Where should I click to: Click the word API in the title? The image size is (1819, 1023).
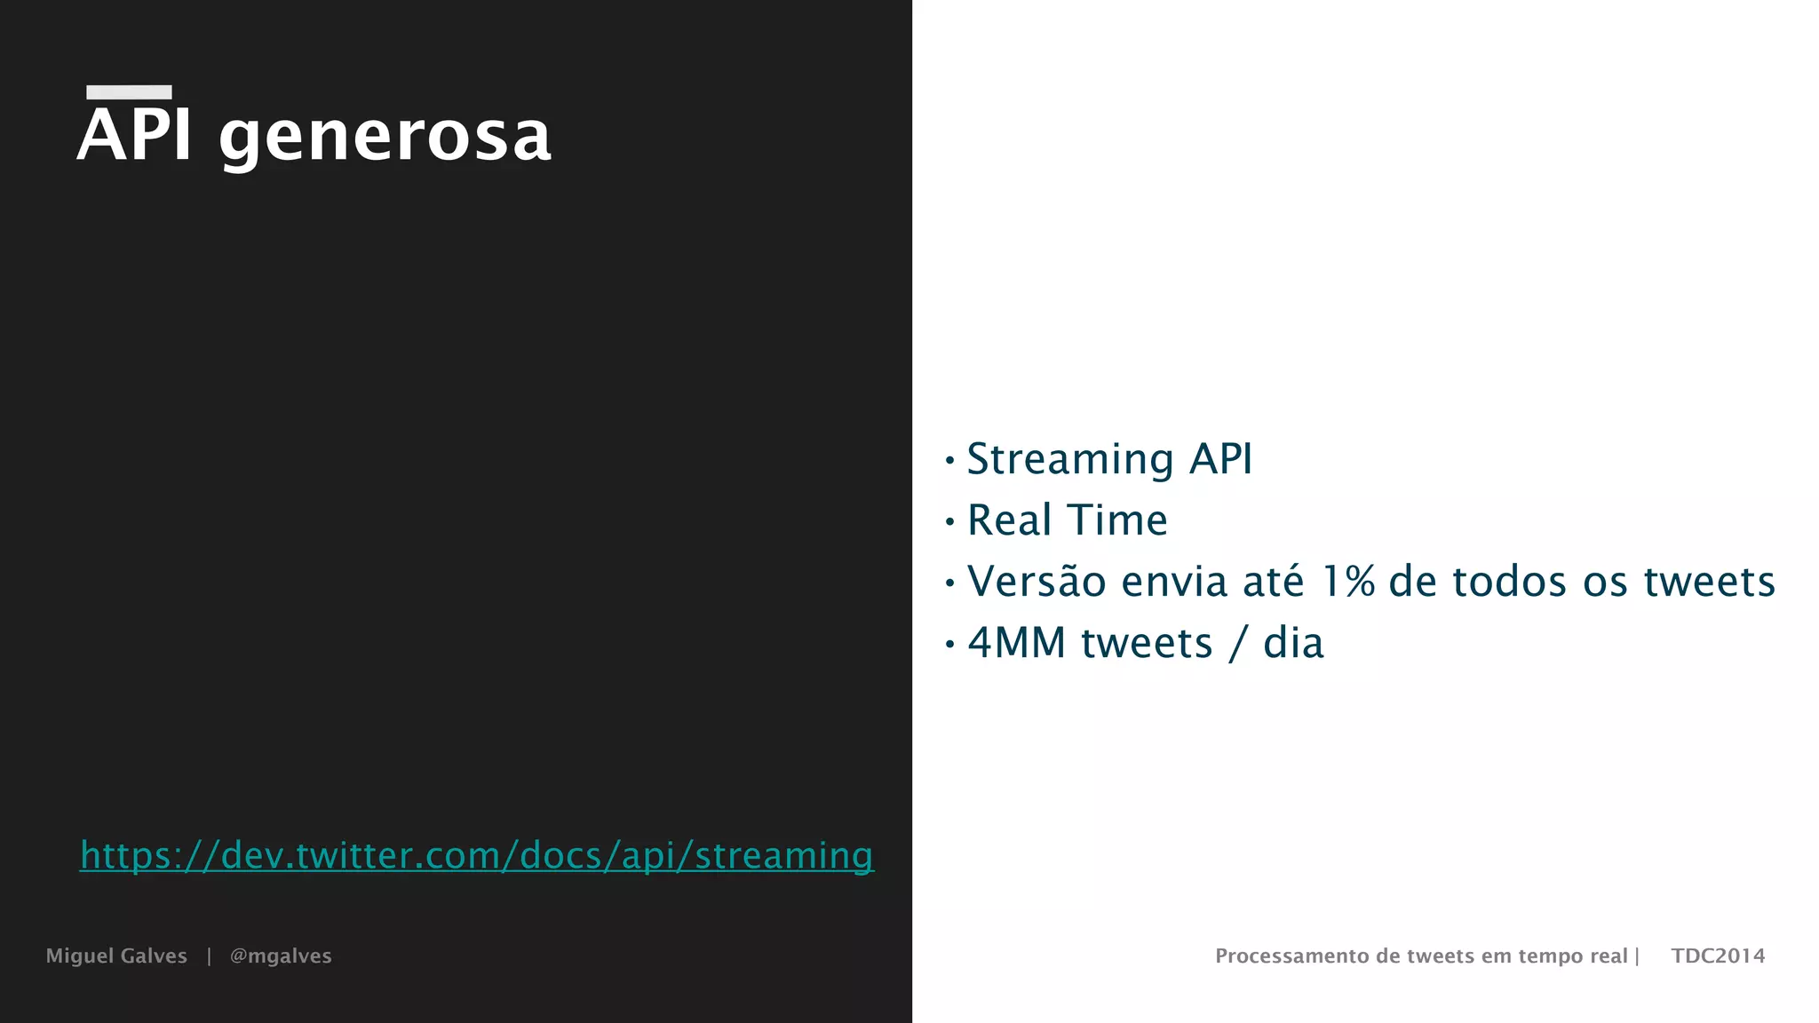134,135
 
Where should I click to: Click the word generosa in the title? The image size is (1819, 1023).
385,139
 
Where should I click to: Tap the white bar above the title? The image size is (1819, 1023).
129,91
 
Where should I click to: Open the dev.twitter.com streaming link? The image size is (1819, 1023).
477,855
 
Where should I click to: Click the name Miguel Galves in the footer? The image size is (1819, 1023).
116,956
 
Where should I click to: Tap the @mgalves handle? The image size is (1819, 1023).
281,956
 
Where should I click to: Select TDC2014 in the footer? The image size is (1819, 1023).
1718,956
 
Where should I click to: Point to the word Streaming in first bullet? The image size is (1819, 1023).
1070,460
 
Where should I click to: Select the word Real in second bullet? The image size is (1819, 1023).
1009,519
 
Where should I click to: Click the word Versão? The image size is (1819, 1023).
1036,582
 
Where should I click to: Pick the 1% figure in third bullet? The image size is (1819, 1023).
1348,582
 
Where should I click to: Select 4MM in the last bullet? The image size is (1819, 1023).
1016,643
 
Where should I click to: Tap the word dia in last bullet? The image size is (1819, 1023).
1293,643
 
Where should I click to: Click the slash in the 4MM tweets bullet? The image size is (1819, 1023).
1238,644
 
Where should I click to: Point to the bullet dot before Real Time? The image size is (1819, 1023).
949,521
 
